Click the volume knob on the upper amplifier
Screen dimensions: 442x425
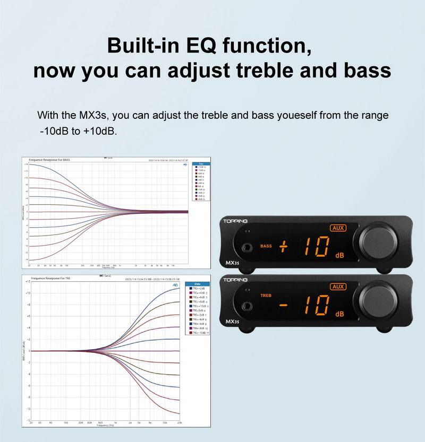tap(378, 240)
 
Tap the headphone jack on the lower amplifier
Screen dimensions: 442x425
tap(247, 306)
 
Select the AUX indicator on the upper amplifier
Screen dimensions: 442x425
tap(338, 228)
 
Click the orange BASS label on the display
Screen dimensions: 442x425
tap(266, 246)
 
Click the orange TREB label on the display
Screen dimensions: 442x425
tap(266, 295)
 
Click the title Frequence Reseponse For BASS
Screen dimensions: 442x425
tap(49, 160)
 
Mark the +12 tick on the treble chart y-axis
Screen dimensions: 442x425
tap(27, 281)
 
